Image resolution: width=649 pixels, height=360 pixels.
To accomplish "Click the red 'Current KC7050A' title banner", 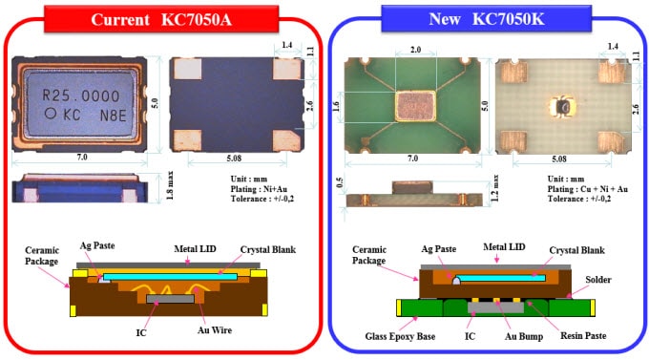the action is click(161, 19).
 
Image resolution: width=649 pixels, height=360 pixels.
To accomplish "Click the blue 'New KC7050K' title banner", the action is click(487, 18).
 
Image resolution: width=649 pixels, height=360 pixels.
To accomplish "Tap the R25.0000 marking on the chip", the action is click(80, 95).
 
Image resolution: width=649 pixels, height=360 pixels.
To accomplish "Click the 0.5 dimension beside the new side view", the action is click(341, 183).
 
